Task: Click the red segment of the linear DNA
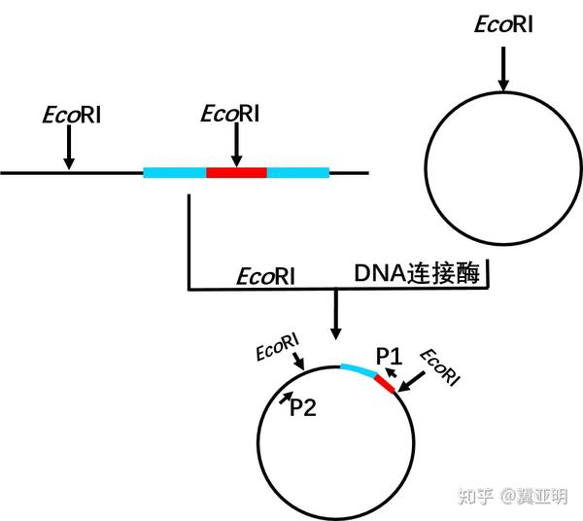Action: click(236, 173)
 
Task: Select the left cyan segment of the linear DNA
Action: click(175, 173)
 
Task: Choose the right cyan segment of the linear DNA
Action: click(298, 173)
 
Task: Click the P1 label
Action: click(389, 356)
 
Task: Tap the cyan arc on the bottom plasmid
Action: click(359, 369)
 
